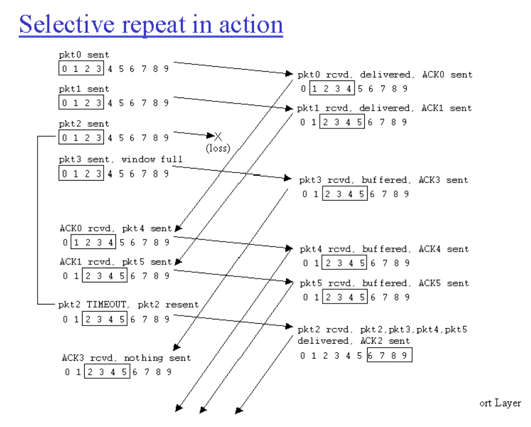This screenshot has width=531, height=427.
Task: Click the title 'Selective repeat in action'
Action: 151,25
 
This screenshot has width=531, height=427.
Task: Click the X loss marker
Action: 218,136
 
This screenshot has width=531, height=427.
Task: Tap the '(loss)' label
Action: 218,148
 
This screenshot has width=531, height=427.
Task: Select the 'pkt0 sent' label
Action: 84,55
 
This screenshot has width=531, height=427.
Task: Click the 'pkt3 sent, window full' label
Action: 120,159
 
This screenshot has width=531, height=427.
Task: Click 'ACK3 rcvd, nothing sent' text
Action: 126,358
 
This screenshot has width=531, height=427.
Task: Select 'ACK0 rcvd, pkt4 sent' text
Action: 115,229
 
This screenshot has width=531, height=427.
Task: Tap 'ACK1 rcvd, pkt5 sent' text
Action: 115,262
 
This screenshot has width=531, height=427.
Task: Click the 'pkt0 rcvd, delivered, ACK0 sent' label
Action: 385,75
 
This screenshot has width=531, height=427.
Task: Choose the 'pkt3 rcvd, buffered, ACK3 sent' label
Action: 383,180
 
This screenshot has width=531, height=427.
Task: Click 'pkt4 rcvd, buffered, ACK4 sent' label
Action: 384,249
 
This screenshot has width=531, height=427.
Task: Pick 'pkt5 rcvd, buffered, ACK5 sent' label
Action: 384,283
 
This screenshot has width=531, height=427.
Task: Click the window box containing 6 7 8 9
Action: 389,355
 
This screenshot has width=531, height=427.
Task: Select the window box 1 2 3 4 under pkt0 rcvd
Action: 332,88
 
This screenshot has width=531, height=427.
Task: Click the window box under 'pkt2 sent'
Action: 81,138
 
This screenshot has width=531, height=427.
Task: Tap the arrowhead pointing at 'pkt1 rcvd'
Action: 289,108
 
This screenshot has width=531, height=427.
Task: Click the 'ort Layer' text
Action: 500,403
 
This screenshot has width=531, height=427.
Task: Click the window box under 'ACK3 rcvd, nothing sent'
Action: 107,372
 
